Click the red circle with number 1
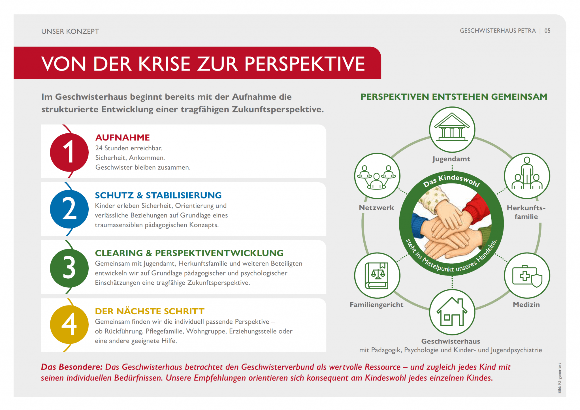[x=69, y=152]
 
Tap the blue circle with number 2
[x=69, y=209]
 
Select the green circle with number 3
[x=69, y=268]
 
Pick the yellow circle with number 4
[x=69, y=324]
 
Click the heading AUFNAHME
[x=123, y=138]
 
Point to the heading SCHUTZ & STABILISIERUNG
[x=158, y=195]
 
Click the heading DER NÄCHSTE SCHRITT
[x=150, y=311]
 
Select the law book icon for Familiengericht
[x=377, y=275]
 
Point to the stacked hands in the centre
[x=451, y=224]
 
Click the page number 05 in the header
[x=547, y=31]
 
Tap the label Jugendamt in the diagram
[x=451, y=159]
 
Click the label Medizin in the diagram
[x=526, y=305]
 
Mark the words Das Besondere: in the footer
[x=72, y=367]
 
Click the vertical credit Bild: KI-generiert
[x=559, y=378]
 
